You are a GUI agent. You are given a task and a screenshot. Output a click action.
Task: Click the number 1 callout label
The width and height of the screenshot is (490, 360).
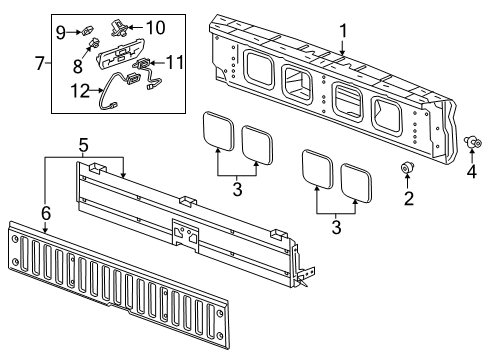pyautogui.click(x=343, y=31)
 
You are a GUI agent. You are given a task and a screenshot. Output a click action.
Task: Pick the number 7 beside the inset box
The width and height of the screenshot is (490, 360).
pyautogui.click(x=39, y=65)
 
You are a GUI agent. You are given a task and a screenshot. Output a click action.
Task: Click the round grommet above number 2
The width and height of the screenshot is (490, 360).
pyautogui.click(x=408, y=167)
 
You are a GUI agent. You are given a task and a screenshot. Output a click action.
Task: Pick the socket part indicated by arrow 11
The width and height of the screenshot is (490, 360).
pyautogui.click(x=144, y=67)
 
